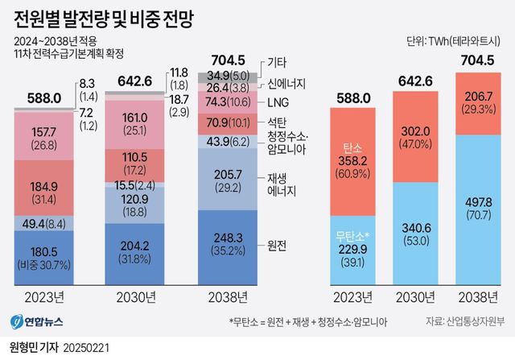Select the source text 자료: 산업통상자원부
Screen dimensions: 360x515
465,321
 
